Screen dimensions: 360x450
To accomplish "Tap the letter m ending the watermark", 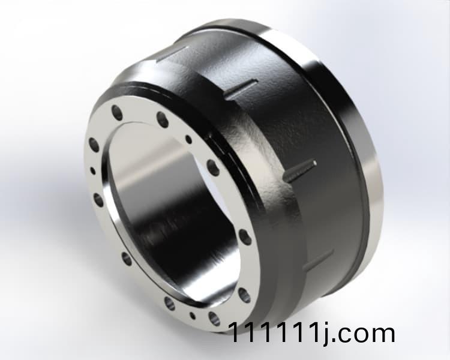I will (x=382, y=334).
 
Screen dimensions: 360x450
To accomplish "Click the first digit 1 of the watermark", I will (x=235, y=333).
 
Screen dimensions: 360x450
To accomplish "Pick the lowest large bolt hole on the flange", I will (x=214, y=316).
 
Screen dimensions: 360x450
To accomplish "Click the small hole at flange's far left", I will (x=92, y=170).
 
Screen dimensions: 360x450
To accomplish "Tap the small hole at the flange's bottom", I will (x=192, y=314).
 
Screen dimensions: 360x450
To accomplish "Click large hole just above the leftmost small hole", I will (x=94, y=144).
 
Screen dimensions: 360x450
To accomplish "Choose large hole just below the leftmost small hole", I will (x=98, y=199).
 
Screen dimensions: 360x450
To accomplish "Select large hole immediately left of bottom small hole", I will (x=170, y=303).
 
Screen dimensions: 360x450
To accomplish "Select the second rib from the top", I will (x=240, y=90).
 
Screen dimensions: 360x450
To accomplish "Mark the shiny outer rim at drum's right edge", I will (x=366, y=174).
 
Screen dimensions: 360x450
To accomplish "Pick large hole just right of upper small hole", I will (x=212, y=166).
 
